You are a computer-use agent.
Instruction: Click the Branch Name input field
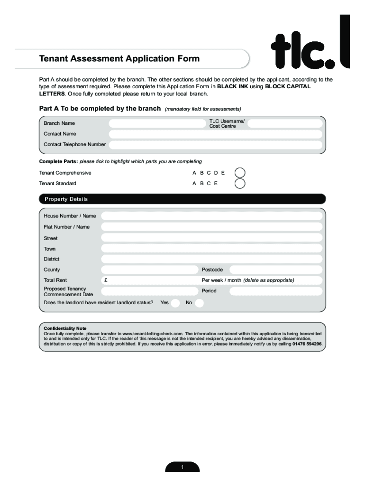pyautogui.click(x=157, y=123)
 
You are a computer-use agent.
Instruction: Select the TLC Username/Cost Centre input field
pyautogui.click(x=284, y=123)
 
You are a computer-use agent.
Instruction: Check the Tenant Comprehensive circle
pyautogui.click(x=240, y=173)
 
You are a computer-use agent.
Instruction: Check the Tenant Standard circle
pyautogui.click(x=240, y=183)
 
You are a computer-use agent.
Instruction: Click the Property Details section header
pyautogui.click(x=66, y=199)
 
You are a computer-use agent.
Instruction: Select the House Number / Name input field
pyautogui.click(x=211, y=216)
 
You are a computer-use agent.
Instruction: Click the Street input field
pyautogui.click(x=211, y=238)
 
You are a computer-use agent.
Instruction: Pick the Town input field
pyautogui.click(x=211, y=248)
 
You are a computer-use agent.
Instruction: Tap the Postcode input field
pyautogui.click(x=275, y=270)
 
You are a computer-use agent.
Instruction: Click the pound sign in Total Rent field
pyautogui.click(x=105, y=280)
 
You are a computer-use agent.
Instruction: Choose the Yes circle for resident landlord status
pyautogui.click(x=175, y=303)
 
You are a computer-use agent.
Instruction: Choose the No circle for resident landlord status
pyautogui.click(x=200, y=303)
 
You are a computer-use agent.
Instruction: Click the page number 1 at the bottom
pyautogui.click(x=182, y=467)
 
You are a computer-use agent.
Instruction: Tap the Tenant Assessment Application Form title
pyautogui.click(x=119, y=59)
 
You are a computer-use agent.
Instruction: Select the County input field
pyautogui.click(x=149, y=270)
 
